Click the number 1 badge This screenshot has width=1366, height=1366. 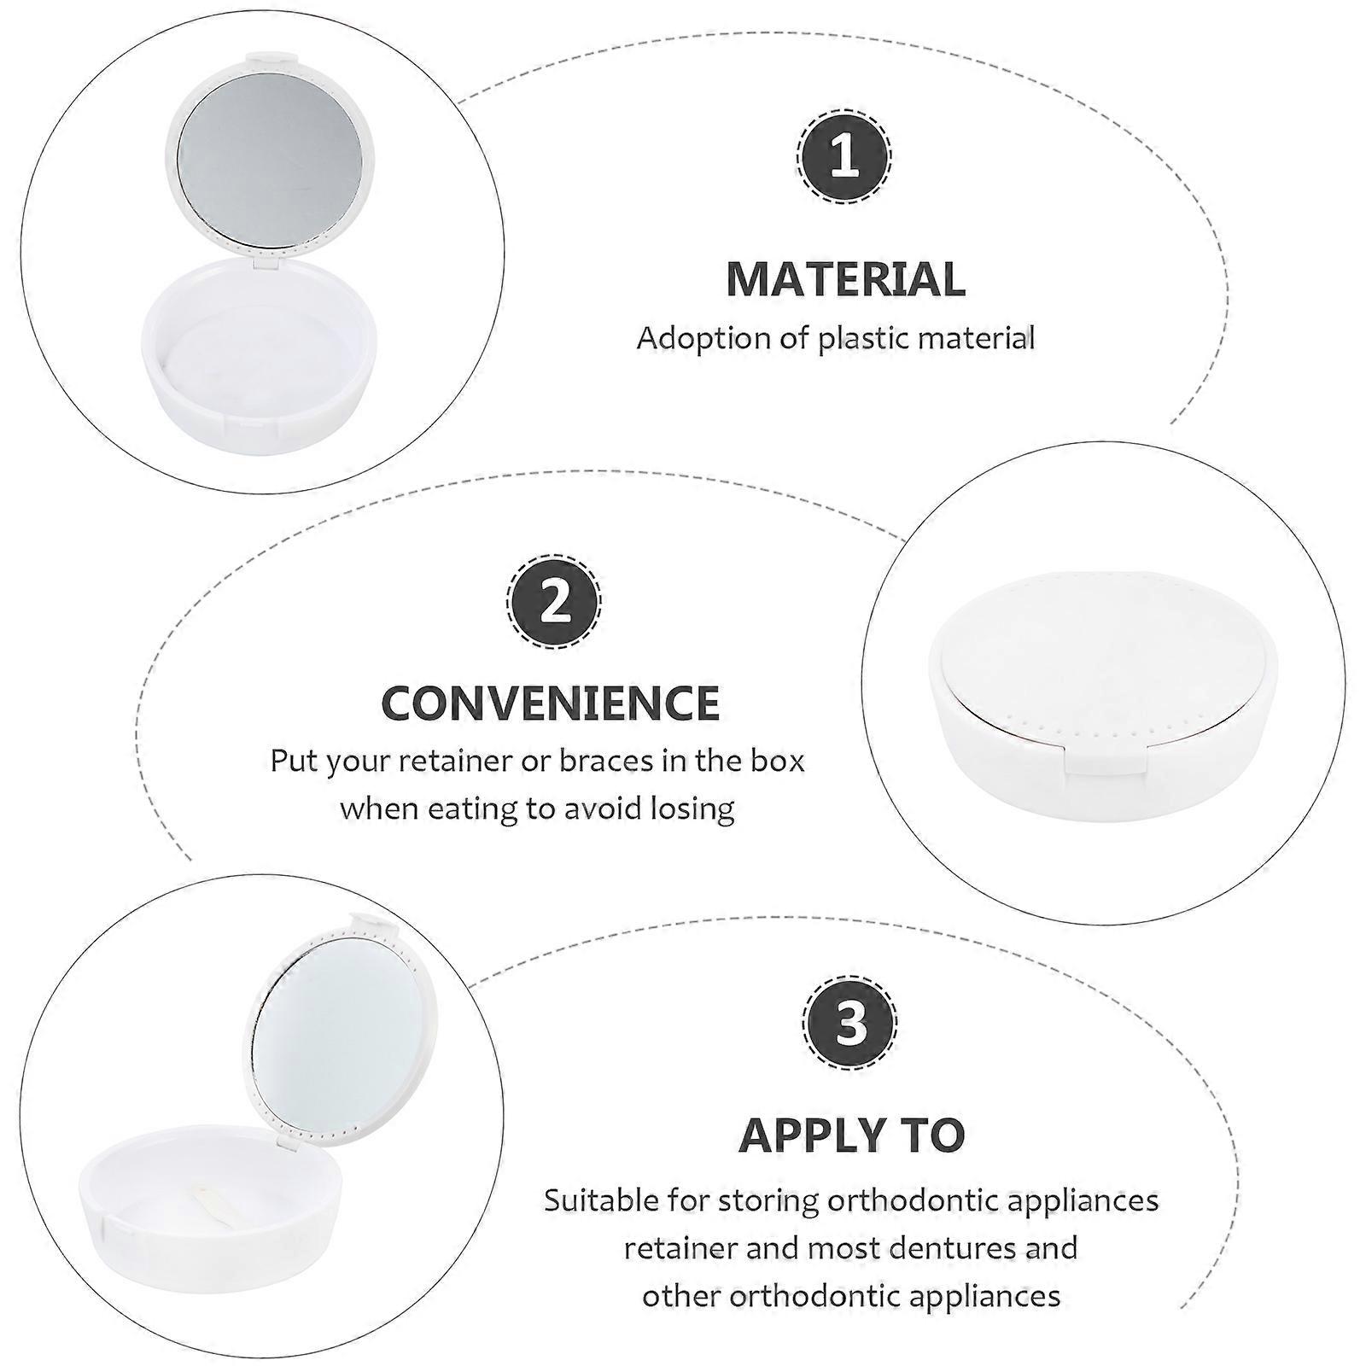point(844,157)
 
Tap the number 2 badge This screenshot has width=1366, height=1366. point(555,601)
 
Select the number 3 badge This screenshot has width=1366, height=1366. point(850,1022)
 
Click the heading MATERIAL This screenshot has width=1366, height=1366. point(846,279)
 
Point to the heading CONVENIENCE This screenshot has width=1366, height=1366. point(551,703)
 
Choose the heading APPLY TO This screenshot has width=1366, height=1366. point(852,1135)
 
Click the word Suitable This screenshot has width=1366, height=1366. point(601,1200)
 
